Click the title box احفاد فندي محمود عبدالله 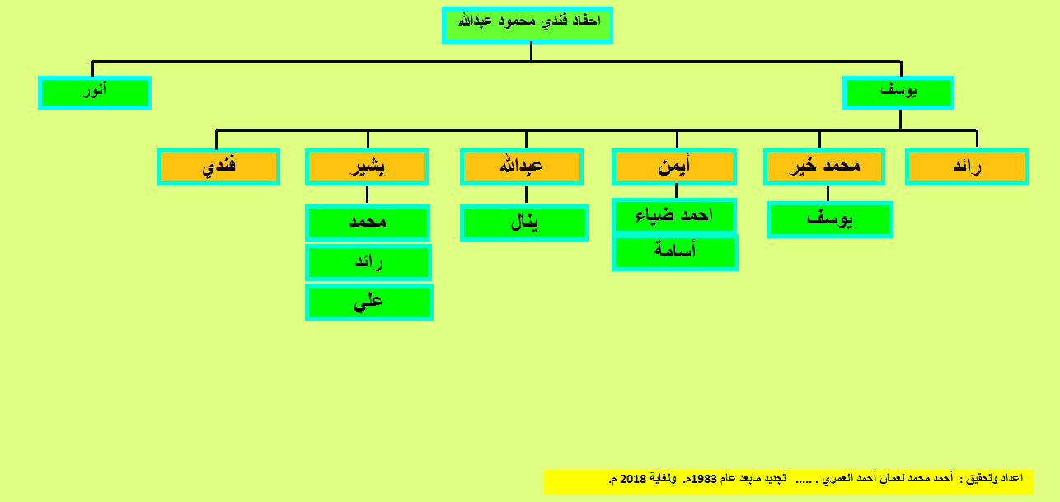coord(528,25)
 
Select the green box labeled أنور coord(95,93)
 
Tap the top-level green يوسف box coord(898,93)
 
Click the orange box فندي coord(218,167)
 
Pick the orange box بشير coord(367,167)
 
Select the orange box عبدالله coord(522,167)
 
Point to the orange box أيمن coord(674,167)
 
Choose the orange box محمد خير coord(824,167)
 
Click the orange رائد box coord(966,167)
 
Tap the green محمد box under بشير coord(368,223)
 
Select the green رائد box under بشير coord(368,263)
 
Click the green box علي coord(369,303)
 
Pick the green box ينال coord(524,223)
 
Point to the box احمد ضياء coord(674,216)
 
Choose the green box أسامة coord(675,253)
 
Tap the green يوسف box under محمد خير coord(829,219)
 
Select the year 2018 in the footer coord(633,479)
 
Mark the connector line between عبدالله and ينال coord(526,195)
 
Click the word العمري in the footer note coord(835,479)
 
